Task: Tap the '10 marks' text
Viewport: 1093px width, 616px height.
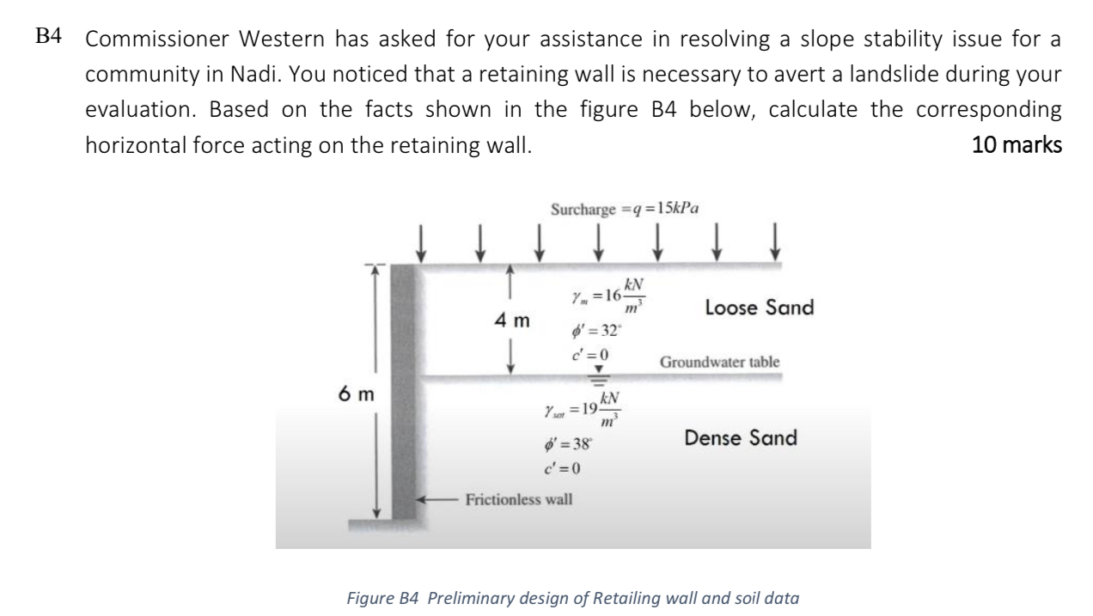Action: [x=1017, y=146]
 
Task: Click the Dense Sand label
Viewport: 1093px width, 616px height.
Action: [x=741, y=437]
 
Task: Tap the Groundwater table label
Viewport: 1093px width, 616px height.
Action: [x=720, y=362]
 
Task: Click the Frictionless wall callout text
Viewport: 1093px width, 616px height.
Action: [x=518, y=498]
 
